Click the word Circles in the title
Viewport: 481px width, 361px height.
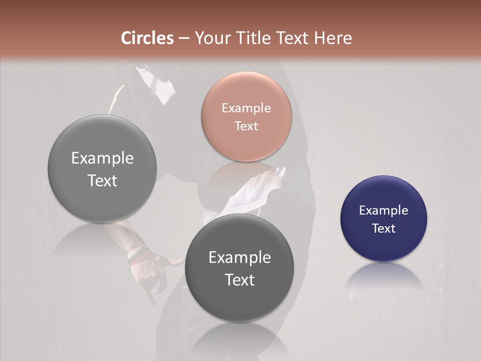(x=147, y=38)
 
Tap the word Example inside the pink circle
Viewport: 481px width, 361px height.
(x=246, y=108)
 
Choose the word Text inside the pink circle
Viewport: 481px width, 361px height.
(x=246, y=126)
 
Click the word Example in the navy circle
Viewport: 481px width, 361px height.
(x=383, y=211)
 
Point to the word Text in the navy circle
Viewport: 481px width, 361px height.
(x=383, y=229)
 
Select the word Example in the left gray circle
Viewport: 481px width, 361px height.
(x=102, y=158)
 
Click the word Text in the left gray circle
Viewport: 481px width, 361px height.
(x=102, y=181)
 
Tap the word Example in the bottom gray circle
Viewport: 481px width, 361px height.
(x=239, y=258)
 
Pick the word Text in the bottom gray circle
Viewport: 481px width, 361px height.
(x=239, y=280)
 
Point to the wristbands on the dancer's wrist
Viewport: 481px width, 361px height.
(x=137, y=253)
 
